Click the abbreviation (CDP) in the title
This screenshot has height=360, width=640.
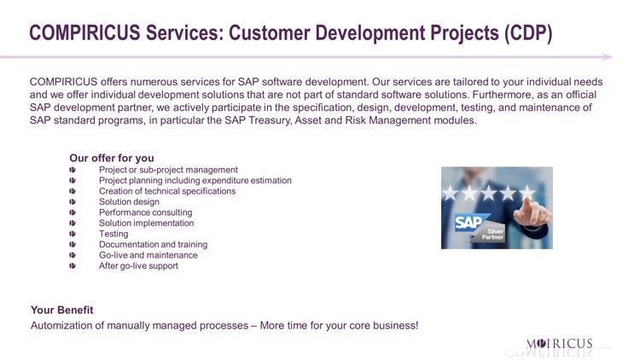528,33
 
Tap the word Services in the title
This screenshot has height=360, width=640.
184,32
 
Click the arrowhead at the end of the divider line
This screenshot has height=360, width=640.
607,57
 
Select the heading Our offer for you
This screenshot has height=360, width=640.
112,158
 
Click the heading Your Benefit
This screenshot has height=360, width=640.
62,310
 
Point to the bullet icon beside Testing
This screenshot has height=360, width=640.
73,234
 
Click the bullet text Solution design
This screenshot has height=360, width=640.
129,201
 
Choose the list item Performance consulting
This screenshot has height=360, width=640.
145,212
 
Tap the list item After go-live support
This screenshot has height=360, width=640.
138,265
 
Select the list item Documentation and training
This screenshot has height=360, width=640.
153,245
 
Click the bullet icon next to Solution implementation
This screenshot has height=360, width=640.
73,224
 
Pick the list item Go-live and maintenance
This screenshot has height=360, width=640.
148,255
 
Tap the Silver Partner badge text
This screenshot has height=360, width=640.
493,234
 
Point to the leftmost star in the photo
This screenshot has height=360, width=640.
451,193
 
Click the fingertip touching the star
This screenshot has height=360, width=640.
527,200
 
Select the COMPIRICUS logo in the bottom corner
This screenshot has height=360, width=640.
559,344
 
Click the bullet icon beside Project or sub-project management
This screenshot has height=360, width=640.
73,170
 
